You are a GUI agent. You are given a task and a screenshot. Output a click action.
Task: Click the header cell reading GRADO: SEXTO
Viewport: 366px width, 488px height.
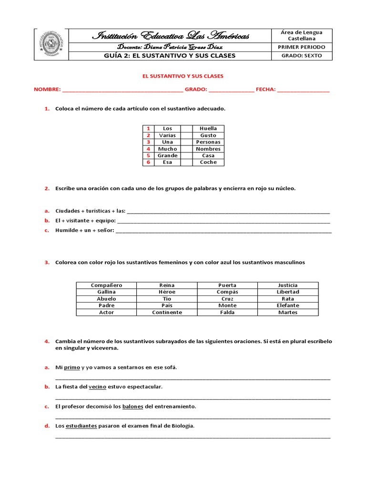point(302,55)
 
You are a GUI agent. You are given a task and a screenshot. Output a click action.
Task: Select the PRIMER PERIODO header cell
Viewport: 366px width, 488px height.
point(302,47)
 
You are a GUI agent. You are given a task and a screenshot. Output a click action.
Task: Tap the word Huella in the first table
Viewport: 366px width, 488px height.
point(208,128)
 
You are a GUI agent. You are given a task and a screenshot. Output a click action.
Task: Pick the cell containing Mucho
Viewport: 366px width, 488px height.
point(167,149)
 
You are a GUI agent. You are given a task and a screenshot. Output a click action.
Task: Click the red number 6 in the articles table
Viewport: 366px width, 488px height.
point(148,162)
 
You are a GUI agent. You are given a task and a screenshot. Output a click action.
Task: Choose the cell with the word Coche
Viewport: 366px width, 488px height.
point(208,162)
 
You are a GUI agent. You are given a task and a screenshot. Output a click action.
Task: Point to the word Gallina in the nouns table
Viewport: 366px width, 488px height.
point(106,292)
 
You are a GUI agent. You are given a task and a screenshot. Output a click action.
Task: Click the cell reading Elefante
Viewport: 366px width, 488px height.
point(288,305)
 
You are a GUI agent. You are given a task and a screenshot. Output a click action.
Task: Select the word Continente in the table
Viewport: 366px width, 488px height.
point(167,312)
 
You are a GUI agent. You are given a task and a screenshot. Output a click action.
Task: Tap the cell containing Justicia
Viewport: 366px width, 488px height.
point(288,285)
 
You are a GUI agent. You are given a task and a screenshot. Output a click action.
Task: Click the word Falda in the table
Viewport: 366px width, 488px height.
point(227,312)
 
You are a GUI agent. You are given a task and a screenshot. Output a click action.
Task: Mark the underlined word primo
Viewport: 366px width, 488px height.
point(71,367)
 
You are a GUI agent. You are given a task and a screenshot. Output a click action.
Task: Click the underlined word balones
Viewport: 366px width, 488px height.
point(132,407)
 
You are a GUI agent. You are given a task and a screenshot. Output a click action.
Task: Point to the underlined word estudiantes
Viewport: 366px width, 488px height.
point(81,426)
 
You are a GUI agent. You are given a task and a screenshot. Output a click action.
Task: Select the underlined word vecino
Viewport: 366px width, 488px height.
point(97,387)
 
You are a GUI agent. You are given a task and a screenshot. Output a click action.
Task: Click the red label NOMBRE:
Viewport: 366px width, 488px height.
point(47,90)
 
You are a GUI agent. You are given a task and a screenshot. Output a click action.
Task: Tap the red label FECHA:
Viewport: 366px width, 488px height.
point(265,90)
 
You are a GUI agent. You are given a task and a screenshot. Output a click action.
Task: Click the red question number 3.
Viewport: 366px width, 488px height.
point(47,263)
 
